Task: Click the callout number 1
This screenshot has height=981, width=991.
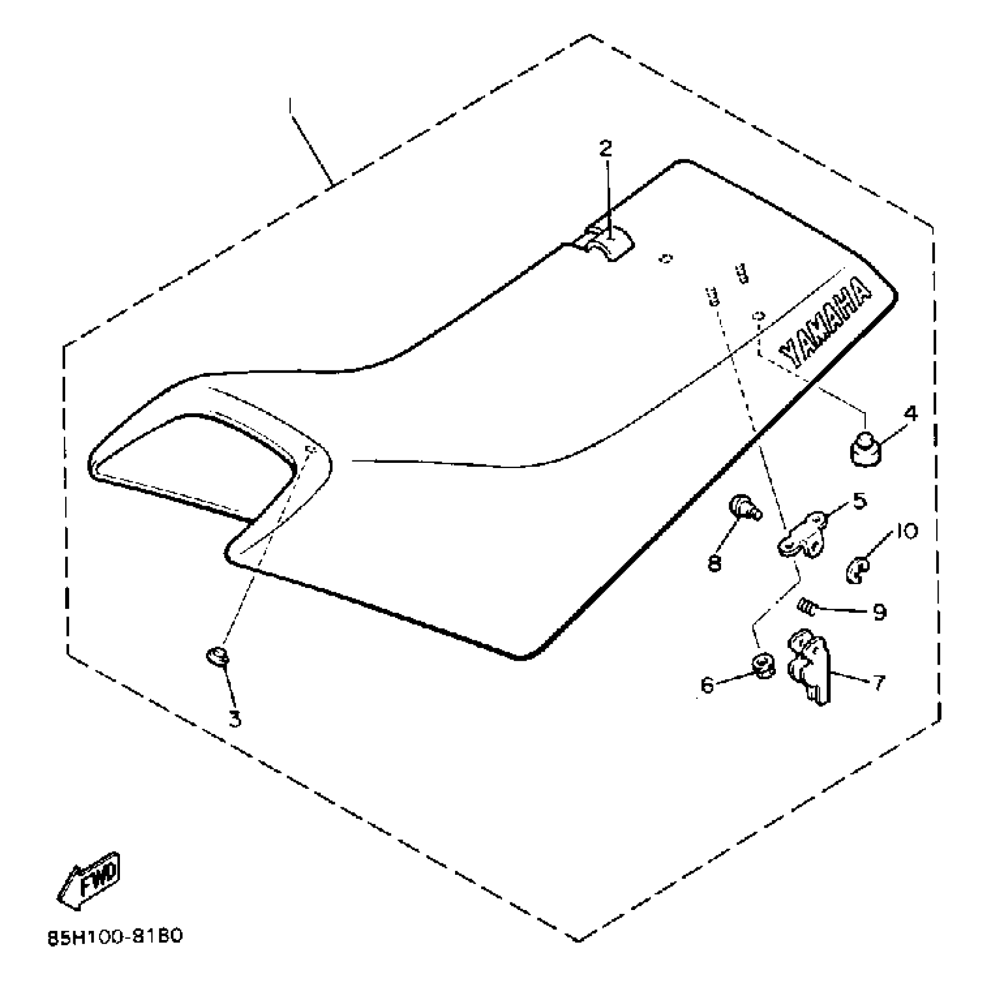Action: pyautogui.click(x=290, y=107)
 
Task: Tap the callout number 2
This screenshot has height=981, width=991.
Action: pyautogui.click(x=605, y=149)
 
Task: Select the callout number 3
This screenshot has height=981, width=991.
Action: pyautogui.click(x=235, y=719)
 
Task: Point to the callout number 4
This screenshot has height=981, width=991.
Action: pyautogui.click(x=911, y=414)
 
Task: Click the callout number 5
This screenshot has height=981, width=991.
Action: pyautogui.click(x=859, y=501)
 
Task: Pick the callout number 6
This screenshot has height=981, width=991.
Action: pyautogui.click(x=707, y=685)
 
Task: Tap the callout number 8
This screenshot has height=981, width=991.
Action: pyautogui.click(x=715, y=563)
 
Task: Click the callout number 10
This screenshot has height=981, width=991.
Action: pyautogui.click(x=906, y=531)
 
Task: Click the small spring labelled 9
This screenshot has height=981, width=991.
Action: pyautogui.click(x=806, y=606)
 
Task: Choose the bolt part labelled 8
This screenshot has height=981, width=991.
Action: pyautogui.click(x=743, y=508)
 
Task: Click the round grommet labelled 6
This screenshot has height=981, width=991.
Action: pyautogui.click(x=763, y=665)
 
